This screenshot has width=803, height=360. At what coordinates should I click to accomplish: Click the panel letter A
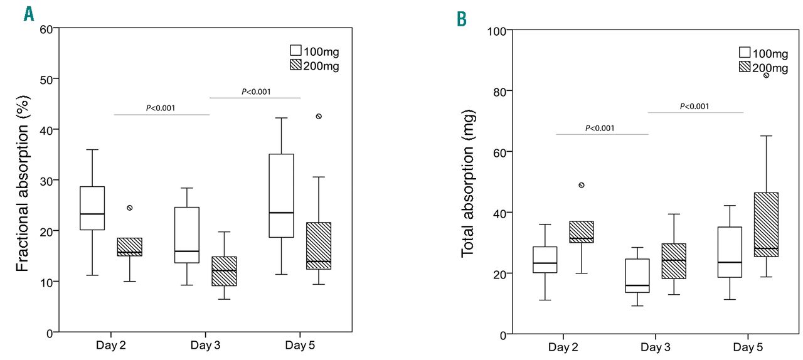[28, 13]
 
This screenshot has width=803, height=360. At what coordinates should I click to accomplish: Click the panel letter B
[462, 20]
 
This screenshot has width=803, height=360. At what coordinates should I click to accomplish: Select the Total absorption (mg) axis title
[468, 183]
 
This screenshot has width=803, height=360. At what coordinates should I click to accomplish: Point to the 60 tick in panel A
[46, 28]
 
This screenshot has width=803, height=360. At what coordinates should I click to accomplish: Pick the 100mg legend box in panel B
[745, 53]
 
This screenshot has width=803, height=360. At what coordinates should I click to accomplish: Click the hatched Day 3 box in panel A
[224, 271]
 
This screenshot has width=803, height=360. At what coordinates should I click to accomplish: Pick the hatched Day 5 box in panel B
[767, 224]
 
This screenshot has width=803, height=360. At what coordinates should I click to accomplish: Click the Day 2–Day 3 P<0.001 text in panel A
[161, 108]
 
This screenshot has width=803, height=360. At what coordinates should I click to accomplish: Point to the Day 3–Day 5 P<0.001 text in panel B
[694, 106]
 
